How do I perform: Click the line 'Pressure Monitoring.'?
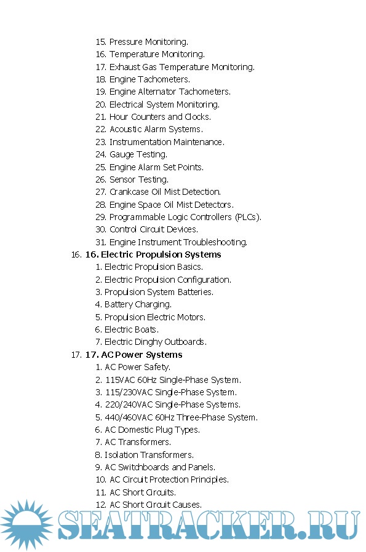point(148,42)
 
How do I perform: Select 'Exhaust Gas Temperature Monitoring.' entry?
point(181,67)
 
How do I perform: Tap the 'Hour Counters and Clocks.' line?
point(160,117)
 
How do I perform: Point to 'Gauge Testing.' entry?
point(138,154)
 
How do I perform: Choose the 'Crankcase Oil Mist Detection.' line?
point(165,192)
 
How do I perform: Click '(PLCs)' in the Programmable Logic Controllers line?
point(248,217)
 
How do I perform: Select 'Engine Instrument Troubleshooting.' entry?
point(178,242)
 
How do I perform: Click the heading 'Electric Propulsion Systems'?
point(161,254)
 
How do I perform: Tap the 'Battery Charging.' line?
point(138,304)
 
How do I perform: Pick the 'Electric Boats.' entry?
point(131,329)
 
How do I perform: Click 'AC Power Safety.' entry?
point(137,367)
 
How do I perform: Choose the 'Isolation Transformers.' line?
point(149,455)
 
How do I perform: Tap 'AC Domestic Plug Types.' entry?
point(152,430)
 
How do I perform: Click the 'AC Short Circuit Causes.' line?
point(155,505)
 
